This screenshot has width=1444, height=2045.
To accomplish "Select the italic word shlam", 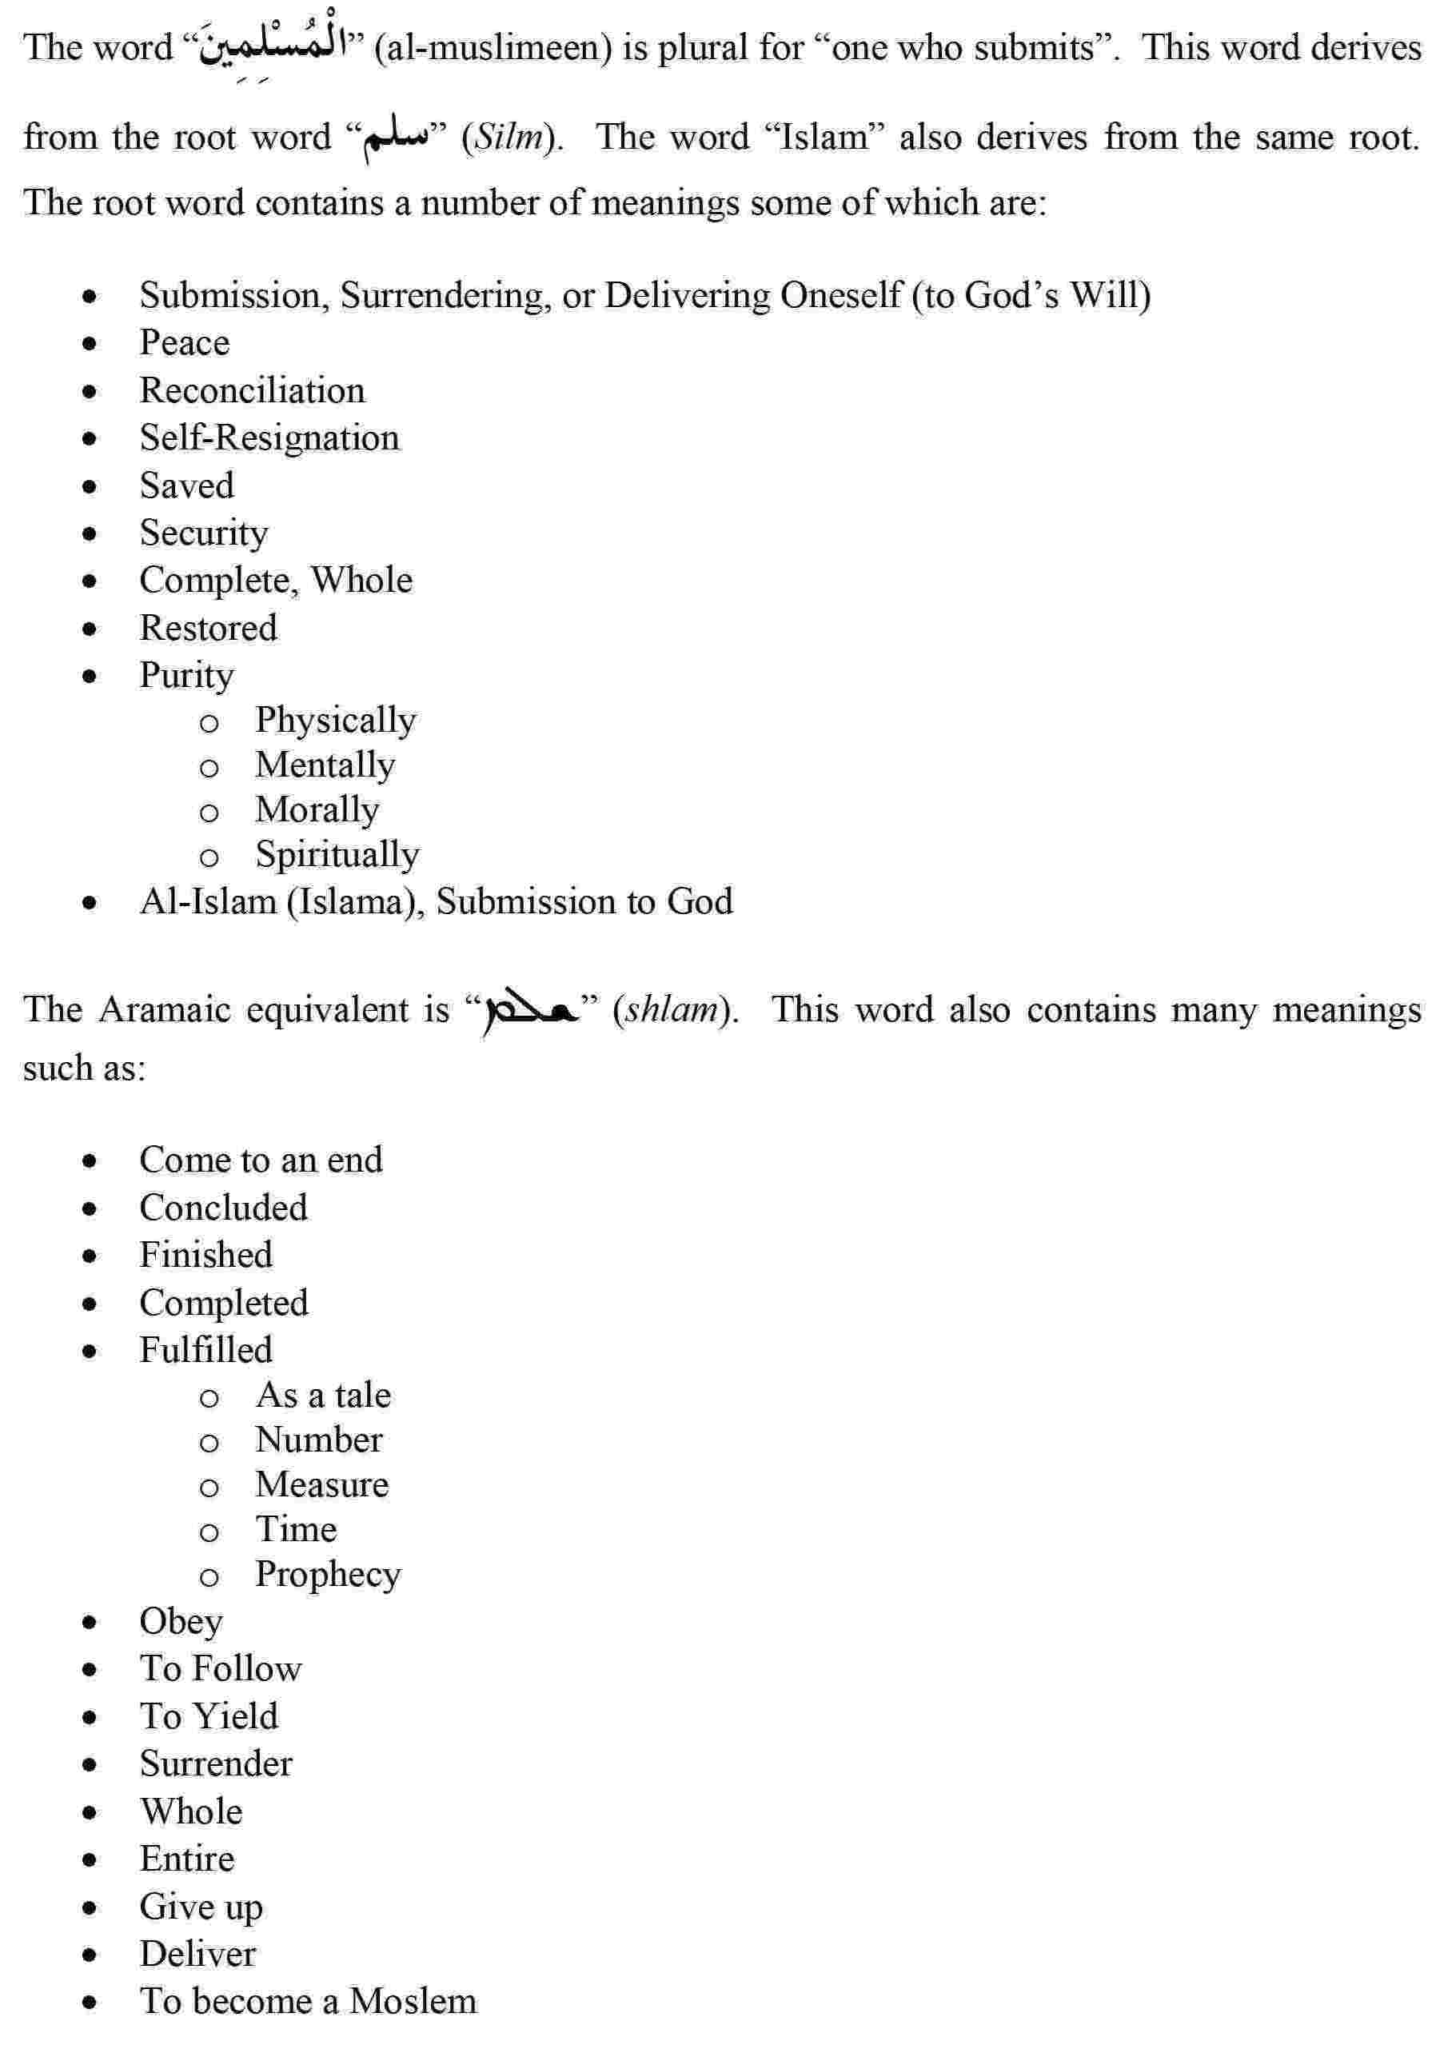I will (673, 1010).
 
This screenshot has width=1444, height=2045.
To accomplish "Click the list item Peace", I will (184, 343).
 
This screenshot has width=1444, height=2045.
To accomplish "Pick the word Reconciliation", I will (252, 390).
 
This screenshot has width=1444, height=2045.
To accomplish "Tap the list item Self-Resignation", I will (269, 438).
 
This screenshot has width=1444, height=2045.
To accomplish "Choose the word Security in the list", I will (203, 533).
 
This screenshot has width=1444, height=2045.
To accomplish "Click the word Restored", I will (209, 628).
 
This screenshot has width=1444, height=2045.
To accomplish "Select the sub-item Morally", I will (317, 809).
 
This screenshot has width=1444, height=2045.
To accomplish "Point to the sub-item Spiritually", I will (337, 854).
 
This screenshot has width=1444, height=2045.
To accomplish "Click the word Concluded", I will (223, 1208).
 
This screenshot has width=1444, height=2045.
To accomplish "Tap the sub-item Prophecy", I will (328, 1574).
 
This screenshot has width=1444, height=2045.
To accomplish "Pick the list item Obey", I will (181, 1621).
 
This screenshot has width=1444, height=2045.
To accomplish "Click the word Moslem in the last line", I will (413, 2000).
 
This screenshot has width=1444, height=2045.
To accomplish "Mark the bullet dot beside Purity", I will (89, 676).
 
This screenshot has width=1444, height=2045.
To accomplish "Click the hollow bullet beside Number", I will (209, 1442).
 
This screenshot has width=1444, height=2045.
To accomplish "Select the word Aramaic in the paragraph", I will (165, 1010).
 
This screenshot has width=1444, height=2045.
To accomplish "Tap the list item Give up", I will (201, 1906).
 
